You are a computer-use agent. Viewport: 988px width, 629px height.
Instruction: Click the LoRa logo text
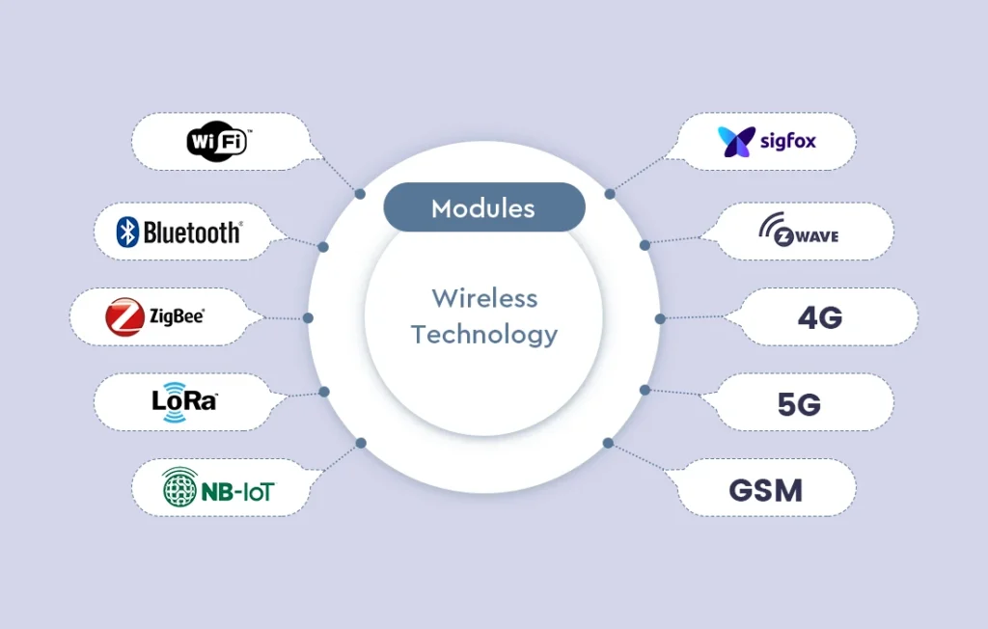(x=184, y=399)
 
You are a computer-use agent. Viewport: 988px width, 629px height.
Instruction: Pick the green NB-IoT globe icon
(x=179, y=487)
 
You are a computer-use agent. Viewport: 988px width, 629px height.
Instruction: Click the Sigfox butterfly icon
(x=736, y=142)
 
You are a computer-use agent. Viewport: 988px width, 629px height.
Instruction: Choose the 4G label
(x=819, y=317)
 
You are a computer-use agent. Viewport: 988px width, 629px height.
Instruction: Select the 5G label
(x=799, y=403)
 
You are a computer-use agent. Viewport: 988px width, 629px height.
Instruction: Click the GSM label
(x=765, y=489)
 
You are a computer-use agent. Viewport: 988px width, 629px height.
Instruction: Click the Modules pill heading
(x=483, y=207)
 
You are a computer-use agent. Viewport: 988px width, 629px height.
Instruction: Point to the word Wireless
(x=484, y=297)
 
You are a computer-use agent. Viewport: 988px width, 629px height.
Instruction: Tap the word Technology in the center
(x=484, y=335)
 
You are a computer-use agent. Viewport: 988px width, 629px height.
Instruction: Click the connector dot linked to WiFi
(x=360, y=194)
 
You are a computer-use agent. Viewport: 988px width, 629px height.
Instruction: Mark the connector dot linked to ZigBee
(x=309, y=317)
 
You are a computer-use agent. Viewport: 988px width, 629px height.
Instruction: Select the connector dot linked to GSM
(x=608, y=443)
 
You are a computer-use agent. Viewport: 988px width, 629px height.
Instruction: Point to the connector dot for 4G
(x=660, y=318)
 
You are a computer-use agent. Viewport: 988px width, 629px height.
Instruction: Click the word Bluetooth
(x=192, y=232)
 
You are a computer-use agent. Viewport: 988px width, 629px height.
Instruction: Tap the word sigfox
(x=788, y=142)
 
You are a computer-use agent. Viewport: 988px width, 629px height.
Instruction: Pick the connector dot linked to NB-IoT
(x=361, y=443)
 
